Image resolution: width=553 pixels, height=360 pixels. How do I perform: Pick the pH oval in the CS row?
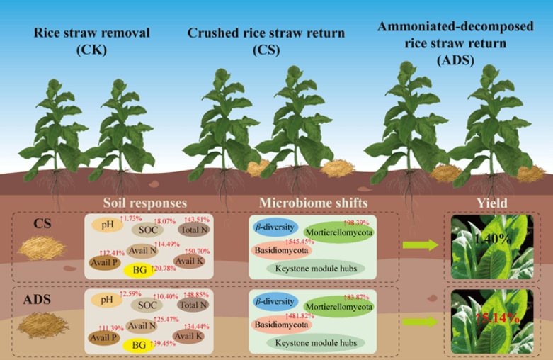click(x=108, y=225)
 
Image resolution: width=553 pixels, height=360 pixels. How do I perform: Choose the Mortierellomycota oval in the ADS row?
click(x=338, y=307)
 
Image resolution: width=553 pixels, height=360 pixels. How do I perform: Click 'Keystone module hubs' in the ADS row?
click(x=314, y=343)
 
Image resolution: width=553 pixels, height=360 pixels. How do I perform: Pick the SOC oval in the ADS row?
click(x=148, y=305)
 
